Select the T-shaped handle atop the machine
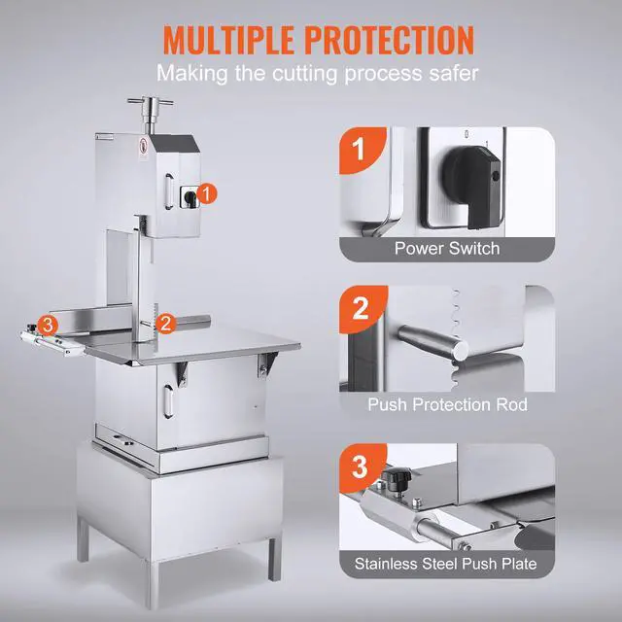tap(148, 108)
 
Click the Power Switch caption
tap(447, 248)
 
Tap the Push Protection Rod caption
tap(447, 404)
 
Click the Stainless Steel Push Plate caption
tap(447, 563)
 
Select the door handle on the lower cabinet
tap(167, 398)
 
